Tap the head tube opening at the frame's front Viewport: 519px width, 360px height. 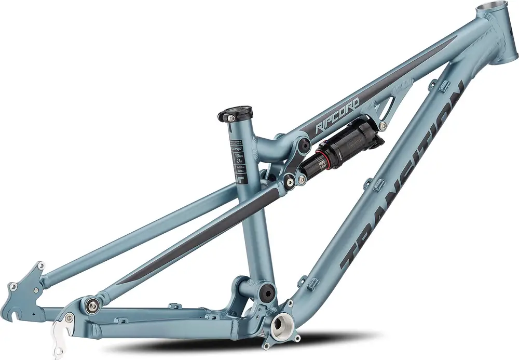[x=492, y=9]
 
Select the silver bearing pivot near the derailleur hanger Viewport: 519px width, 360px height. [x=92, y=304]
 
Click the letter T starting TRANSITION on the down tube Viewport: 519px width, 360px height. [x=353, y=255]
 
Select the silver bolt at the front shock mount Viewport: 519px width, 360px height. [x=383, y=126]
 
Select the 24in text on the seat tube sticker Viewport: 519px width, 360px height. [x=239, y=161]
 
